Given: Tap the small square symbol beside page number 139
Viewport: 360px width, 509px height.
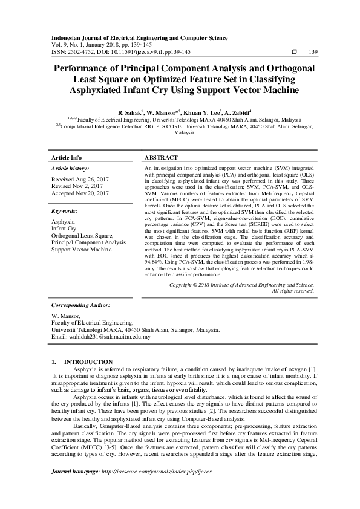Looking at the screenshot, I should click(293, 52).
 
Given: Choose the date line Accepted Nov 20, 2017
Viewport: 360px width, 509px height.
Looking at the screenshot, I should click(80, 193).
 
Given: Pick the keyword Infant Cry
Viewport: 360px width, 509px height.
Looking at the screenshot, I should click(64, 229).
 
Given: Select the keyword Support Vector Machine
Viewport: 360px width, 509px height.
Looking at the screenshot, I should click(82, 249).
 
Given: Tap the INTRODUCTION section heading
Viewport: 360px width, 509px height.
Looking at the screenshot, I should click(88, 361).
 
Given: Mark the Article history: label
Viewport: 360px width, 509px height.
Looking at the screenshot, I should click(71, 168).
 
